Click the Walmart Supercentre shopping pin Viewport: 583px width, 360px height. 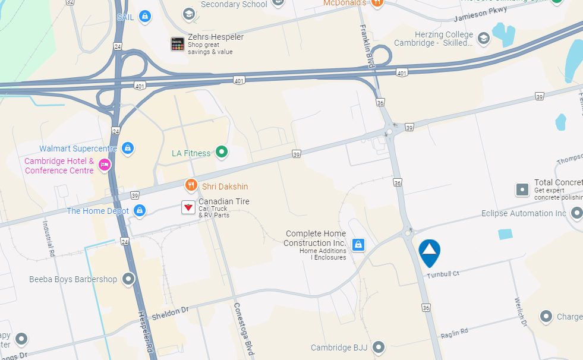coord(127,147)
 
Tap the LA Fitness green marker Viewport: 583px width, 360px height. coord(222,153)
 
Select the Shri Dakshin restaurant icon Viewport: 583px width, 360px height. coord(191,185)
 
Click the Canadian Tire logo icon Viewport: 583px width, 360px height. coord(188,207)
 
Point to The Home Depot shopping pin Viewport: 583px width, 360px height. coord(140,210)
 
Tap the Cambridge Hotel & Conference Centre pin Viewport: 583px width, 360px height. coord(105,165)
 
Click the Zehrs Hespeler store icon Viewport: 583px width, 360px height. coord(177,43)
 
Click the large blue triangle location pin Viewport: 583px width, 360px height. coord(429,252)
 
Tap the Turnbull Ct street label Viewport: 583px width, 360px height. coord(443,275)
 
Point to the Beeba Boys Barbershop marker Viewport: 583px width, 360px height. coord(128,278)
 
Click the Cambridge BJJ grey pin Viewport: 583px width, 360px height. coord(378,346)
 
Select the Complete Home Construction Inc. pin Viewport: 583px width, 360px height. coord(358,244)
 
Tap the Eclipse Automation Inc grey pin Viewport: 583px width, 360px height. coord(576,213)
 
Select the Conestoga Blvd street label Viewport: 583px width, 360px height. coord(243,330)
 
